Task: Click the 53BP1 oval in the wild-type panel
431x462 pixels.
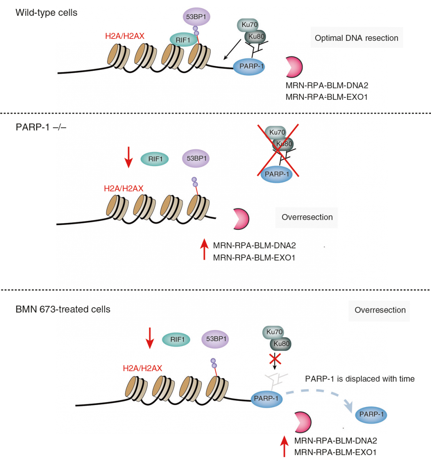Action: (196, 17)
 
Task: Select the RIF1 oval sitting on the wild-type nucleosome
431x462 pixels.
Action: (183, 40)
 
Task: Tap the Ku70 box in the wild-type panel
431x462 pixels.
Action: (248, 25)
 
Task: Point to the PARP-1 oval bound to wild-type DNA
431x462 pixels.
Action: (249, 67)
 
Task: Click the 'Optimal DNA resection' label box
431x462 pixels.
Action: (357, 38)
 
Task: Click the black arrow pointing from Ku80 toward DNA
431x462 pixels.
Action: (232, 49)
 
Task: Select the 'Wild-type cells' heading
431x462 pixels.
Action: (47, 13)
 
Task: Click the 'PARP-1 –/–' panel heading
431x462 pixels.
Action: (41, 127)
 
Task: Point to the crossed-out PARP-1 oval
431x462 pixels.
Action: (276, 174)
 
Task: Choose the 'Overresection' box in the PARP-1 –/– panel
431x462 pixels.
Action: (307, 217)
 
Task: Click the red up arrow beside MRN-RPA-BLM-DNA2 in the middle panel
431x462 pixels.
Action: (204, 249)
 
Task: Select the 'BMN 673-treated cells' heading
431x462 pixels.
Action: (63, 310)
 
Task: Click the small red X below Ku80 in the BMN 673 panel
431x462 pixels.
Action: (275, 359)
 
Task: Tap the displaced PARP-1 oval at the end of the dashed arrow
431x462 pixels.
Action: (371, 414)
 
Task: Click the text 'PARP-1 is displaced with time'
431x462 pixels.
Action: (359, 379)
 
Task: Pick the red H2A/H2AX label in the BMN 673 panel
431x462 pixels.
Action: (142, 368)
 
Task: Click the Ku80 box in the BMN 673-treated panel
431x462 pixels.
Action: (281, 344)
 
